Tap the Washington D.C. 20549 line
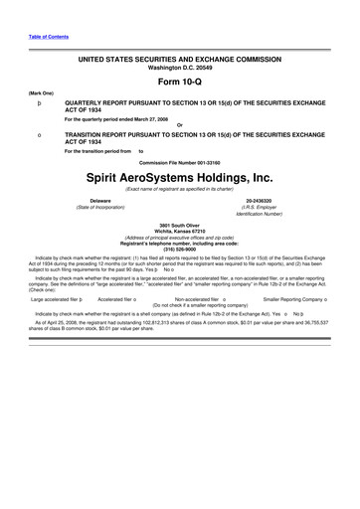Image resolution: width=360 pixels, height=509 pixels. (x=180, y=68)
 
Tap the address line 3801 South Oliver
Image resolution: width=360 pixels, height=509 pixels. (x=180, y=225)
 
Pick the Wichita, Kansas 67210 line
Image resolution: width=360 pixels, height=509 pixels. (x=180, y=231)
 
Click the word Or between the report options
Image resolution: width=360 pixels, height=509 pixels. (x=180, y=124)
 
